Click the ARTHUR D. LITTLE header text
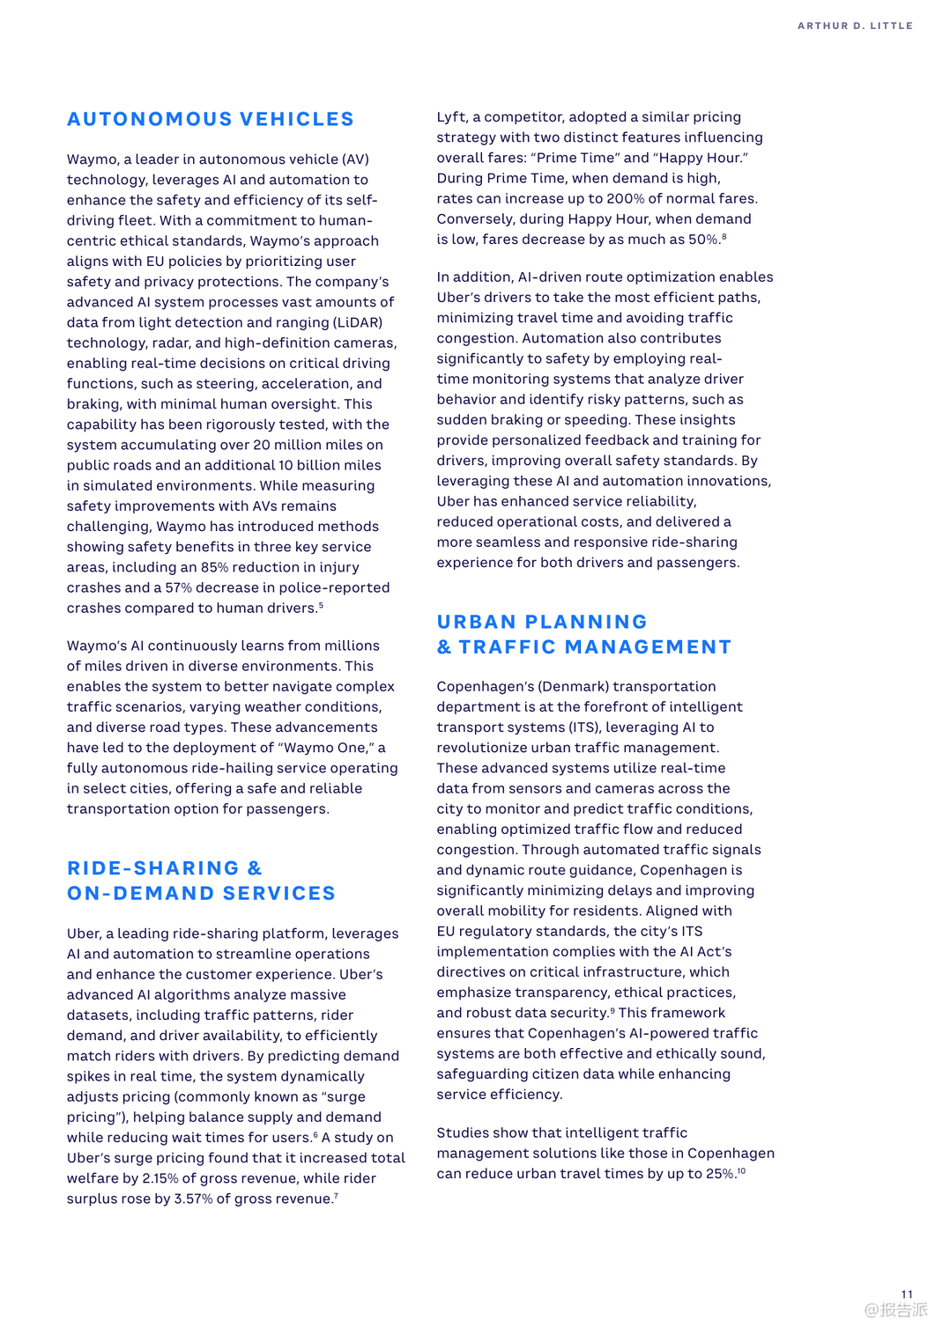855,26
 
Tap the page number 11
907,1294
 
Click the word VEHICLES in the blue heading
297,119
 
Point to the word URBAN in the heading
476,622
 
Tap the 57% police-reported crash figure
180,587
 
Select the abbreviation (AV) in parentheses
355,159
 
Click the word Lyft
451,117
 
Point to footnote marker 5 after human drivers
321,605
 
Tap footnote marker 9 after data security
612,1010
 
